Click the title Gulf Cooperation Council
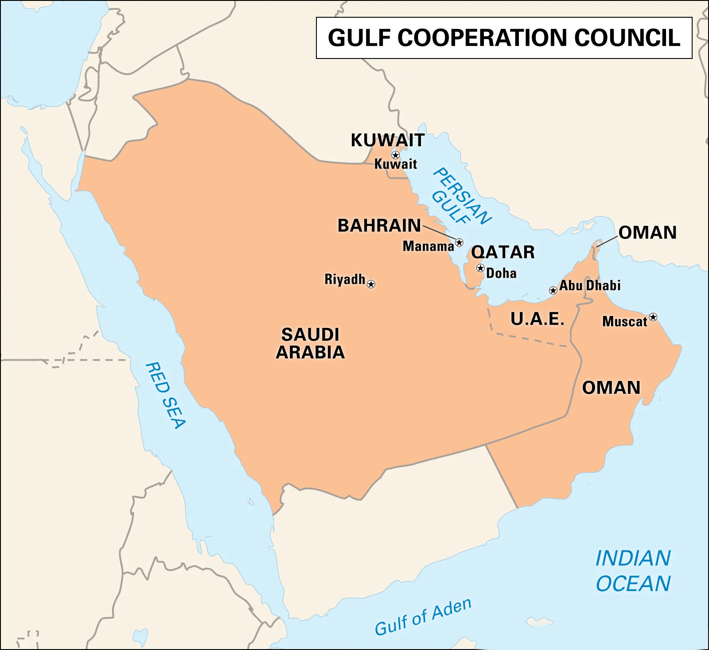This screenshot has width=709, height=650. click(x=504, y=38)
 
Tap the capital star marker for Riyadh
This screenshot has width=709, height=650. click(x=371, y=284)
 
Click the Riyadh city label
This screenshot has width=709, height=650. click(x=344, y=279)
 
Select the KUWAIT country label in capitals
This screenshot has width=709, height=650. click(x=388, y=140)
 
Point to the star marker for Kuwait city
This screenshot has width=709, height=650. click(x=395, y=155)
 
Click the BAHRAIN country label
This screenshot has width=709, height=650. click(x=379, y=226)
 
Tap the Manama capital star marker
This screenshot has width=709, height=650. click(x=459, y=242)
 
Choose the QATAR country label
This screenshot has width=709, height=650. click(x=503, y=252)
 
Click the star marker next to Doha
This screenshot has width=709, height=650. click(x=480, y=268)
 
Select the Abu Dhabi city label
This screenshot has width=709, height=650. click(x=590, y=285)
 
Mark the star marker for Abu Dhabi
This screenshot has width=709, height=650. click(x=553, y=291)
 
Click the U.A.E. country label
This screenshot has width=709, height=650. click(x=538, y=319)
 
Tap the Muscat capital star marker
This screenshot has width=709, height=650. click(x=653, y=317)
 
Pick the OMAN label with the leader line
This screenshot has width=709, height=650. click(x=647, y=233)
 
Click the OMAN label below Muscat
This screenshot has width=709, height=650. click(x=611, y=388)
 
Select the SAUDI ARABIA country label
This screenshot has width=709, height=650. click(x=310, y=343)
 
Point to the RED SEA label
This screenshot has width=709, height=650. click(x=165, y=395)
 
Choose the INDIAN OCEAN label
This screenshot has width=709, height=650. click(x=633, y=571)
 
